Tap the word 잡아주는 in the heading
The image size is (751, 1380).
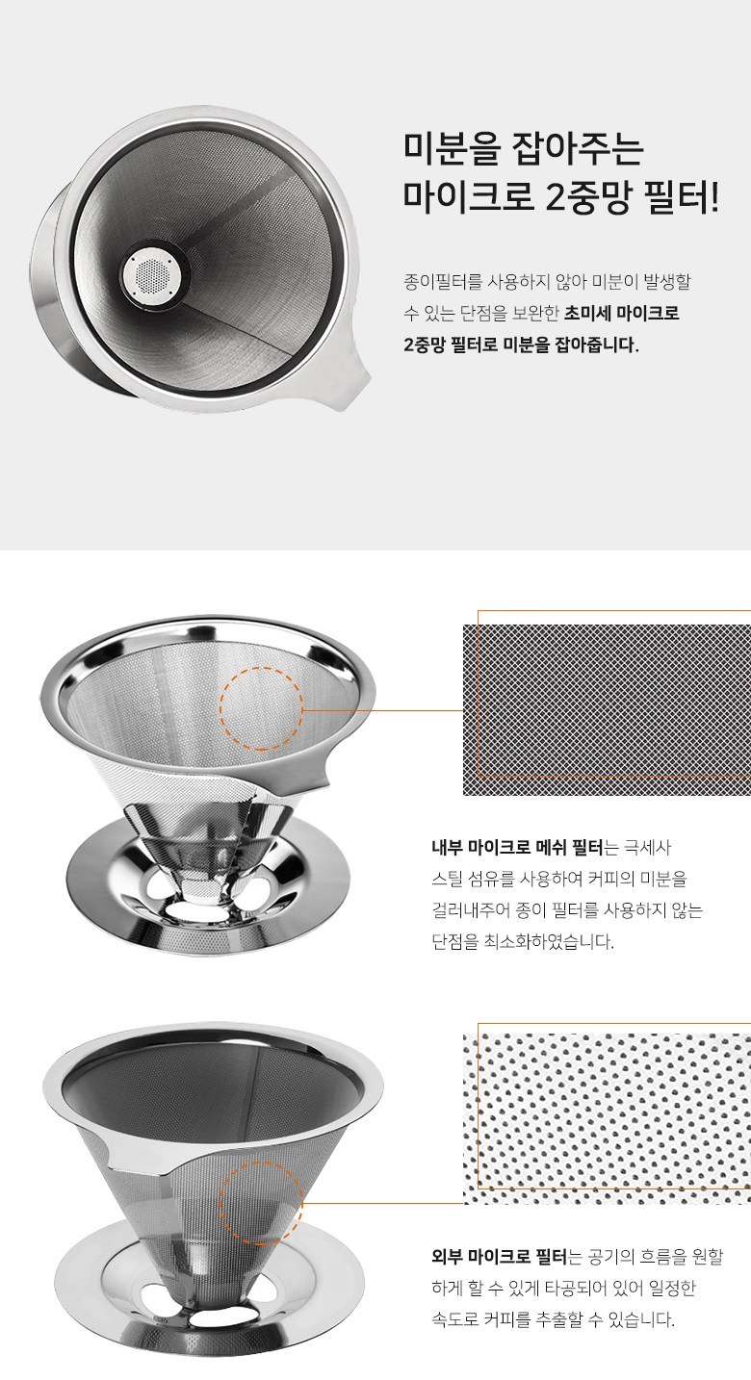pyautogui.click(x=579, y=149)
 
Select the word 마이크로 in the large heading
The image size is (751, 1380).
pyautogui.click(x=468, y=196)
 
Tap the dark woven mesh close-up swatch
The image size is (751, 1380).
pyautogui.click(x=607, y=709)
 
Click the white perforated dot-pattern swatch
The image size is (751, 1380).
pyautogui.click(x=607, y=1119)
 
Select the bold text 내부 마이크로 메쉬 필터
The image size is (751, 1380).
pyautogui.click(x=517, y=848)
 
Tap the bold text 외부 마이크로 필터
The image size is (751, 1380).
pyautogui.click(x=499, y=1256)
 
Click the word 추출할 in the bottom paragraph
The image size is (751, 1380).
pyautogui.click(x=565, y=1319)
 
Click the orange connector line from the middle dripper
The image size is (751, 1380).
pyautogui.click(x=383, y=710)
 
